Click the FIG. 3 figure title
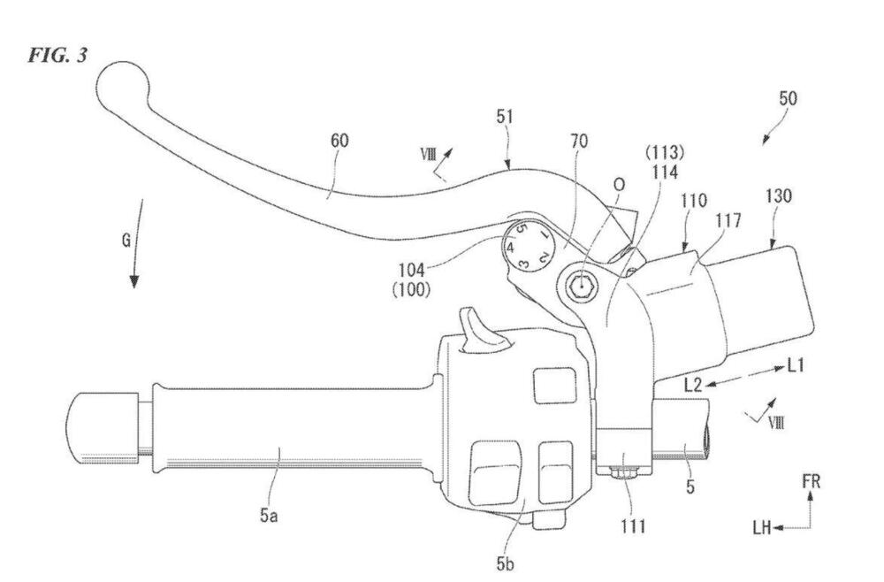tap(58, 55)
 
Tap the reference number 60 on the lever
tap(339, 140)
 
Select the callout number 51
tap(505, 117)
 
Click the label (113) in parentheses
tap(665, 152)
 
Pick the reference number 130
tap(779, 196)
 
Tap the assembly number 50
tap(789, 98)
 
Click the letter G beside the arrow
tap(126, 241)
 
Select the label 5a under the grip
tap(269, 515)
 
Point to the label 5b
tap(505, 563)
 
